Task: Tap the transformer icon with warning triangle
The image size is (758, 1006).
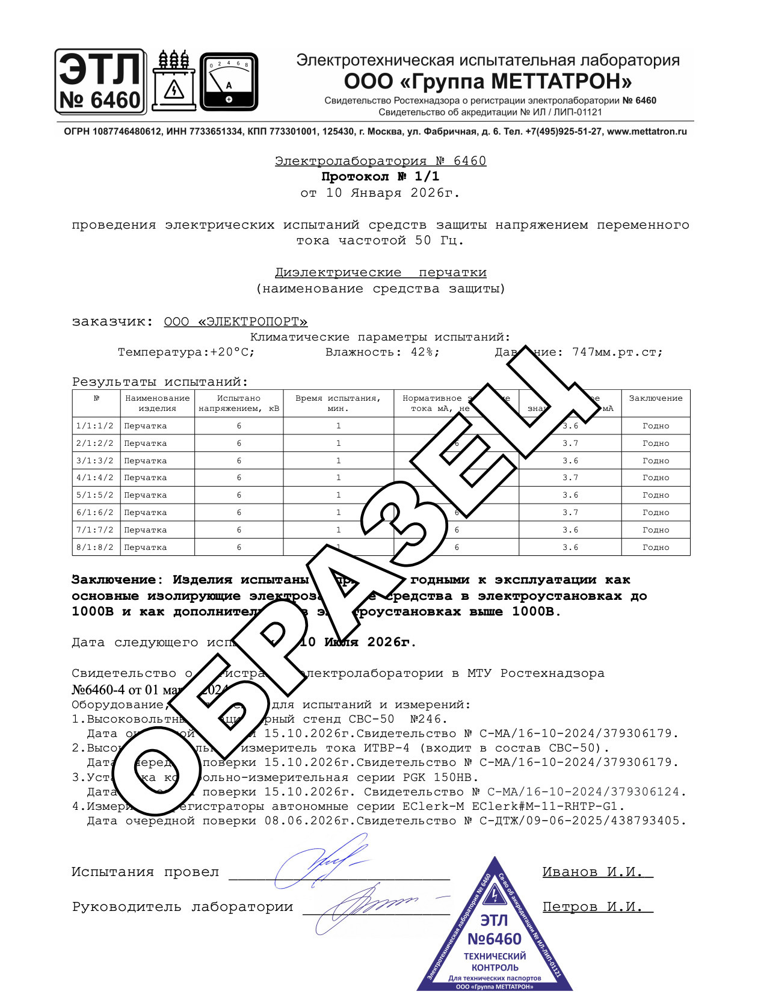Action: click(174, 82)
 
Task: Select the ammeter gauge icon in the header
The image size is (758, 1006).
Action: click(229, 82)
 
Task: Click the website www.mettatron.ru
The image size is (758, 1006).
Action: click(647, 132)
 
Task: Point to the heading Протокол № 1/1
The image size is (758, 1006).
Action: click(380, 177)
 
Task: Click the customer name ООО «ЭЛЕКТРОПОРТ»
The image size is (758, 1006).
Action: click(235, 322)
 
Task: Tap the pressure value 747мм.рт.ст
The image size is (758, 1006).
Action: click(617, 353)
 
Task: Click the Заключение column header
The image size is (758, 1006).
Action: click(655, 398)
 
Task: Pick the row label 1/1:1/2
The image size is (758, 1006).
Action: click(95, 426)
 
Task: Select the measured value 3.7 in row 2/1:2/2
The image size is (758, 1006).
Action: click(570, 443)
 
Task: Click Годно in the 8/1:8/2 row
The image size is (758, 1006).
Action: click(655, 548)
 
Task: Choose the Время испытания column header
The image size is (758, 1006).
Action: click(338, 403)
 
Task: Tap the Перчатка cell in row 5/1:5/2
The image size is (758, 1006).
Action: click(146, 495)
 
